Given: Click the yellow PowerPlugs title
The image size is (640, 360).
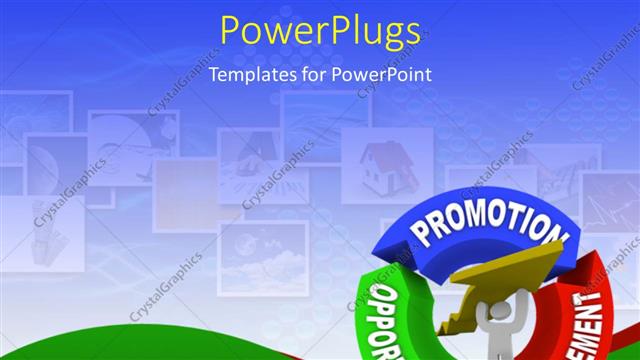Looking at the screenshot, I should pos(320,33).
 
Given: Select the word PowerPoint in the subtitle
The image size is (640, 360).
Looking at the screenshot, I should pos(386,74).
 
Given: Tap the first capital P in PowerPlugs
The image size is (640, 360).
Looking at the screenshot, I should pos(232,33).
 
